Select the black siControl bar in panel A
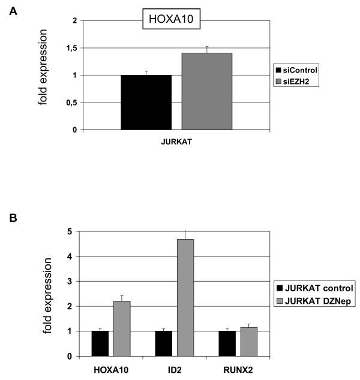coord(146,102)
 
